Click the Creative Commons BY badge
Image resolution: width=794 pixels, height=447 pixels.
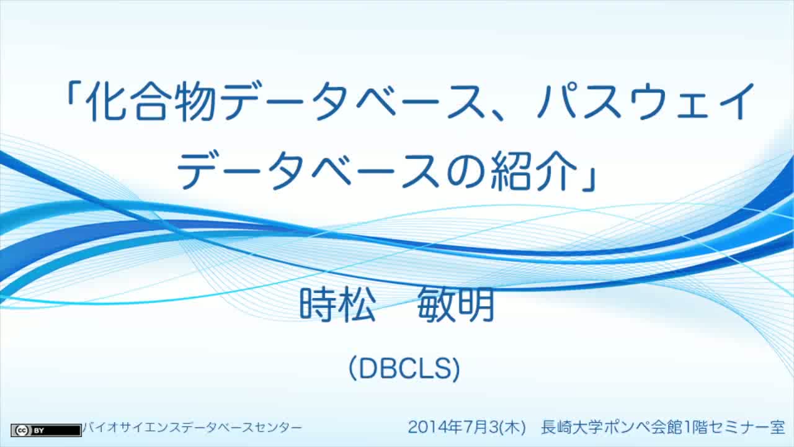[x=46, y=430]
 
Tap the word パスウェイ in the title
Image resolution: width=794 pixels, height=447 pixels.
[x=645, y=102]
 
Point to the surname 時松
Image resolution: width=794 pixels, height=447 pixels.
[x=337, y=305]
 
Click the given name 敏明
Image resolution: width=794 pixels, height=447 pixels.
[x=456, y=305]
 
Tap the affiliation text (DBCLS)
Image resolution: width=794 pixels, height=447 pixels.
[x=404, y=368]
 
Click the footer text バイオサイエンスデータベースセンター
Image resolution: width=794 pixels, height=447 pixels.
[x=192, y=428]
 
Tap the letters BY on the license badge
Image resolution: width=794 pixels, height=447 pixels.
[x=38, y=431]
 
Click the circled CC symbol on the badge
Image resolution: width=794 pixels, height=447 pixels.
[x=22, y=431]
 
